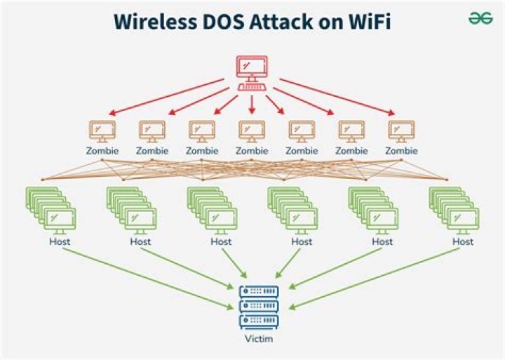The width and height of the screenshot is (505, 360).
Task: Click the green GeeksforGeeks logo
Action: tap(480, 18)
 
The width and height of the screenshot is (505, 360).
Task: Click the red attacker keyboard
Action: tap(252, 87)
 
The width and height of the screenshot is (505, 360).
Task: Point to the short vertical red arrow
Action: tap(252, 105)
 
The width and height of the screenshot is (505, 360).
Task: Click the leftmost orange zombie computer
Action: tap(102, 131)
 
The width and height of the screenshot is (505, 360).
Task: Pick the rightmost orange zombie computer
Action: tap(401, 131)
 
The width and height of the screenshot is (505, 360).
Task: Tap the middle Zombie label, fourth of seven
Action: tap(252, 150)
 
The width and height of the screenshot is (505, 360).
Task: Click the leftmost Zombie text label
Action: tap(102, 150)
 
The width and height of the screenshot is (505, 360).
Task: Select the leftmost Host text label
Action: tap(60, 241)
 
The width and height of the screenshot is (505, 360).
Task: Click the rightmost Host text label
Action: tap(463, 241)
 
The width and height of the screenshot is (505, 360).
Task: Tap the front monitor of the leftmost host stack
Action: tap(60, 221)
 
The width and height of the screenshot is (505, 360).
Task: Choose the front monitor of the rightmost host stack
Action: tap(463, 221)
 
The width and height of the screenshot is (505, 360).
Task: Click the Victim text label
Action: tap(259, 339)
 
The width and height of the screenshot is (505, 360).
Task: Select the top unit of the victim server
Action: tap(259, 291)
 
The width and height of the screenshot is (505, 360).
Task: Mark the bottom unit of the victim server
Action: tap(259, 321)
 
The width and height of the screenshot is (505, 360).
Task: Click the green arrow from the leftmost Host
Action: tap(147, 279)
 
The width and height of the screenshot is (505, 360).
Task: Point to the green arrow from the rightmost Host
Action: tap(374, 279)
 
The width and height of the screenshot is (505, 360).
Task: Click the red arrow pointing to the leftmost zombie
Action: tap(166, 97)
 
